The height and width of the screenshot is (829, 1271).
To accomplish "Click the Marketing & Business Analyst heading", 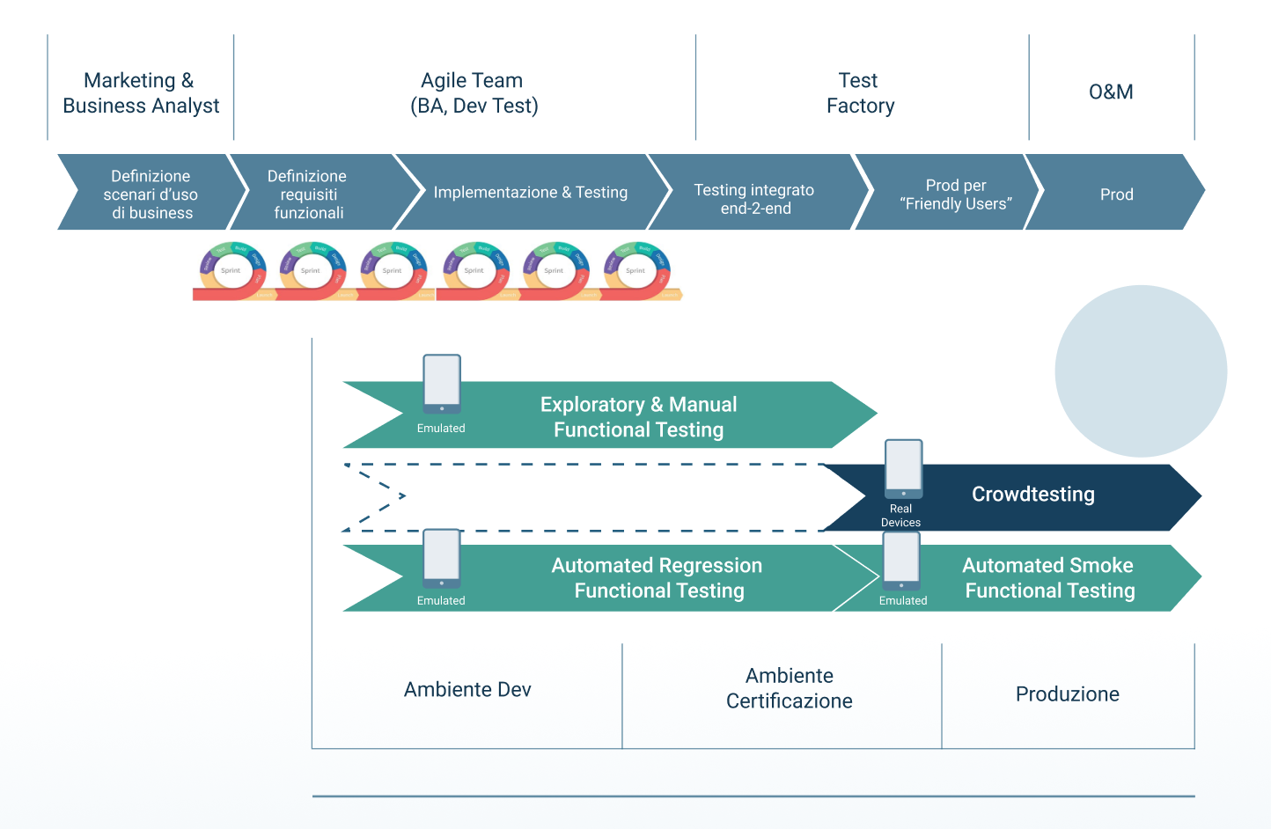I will pos(141,93).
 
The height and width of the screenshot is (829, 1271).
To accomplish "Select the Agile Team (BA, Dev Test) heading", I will pos(474,93).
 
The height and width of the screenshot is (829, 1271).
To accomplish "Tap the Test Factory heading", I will pos(860,93).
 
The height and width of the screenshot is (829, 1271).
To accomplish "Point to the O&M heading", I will pos(1111,92).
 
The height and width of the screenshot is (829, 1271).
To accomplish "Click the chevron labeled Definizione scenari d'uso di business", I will pos(151,194).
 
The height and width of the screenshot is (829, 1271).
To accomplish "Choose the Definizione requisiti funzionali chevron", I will pos(308,194).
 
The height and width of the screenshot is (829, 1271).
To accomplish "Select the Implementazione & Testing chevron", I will pos(530,193).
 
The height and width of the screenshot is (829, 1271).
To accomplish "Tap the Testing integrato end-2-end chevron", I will pos(754,199).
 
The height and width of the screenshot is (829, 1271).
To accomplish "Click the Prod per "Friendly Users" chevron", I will pos(955,194).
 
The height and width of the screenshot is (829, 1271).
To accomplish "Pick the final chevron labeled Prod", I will pos(1116,194).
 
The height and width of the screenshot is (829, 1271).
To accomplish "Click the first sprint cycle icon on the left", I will pos(231,270).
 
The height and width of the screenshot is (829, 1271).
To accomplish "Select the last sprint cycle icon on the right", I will pos(636,270).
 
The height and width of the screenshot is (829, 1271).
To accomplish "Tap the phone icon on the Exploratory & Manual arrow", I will pos(442,384).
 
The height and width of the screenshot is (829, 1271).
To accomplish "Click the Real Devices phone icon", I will pos(903,468).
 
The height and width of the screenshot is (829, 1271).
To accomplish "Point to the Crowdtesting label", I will pos(1032,495).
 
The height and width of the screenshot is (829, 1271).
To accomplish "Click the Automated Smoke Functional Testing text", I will pos(1048,578).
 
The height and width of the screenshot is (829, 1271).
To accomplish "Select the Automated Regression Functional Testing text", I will pos(658,578).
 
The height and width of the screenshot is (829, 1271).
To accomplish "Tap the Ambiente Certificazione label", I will pos(789,688).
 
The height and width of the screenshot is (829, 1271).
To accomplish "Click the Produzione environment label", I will pos(1067,694).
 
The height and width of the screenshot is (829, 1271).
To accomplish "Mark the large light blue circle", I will pos(1141,370).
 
